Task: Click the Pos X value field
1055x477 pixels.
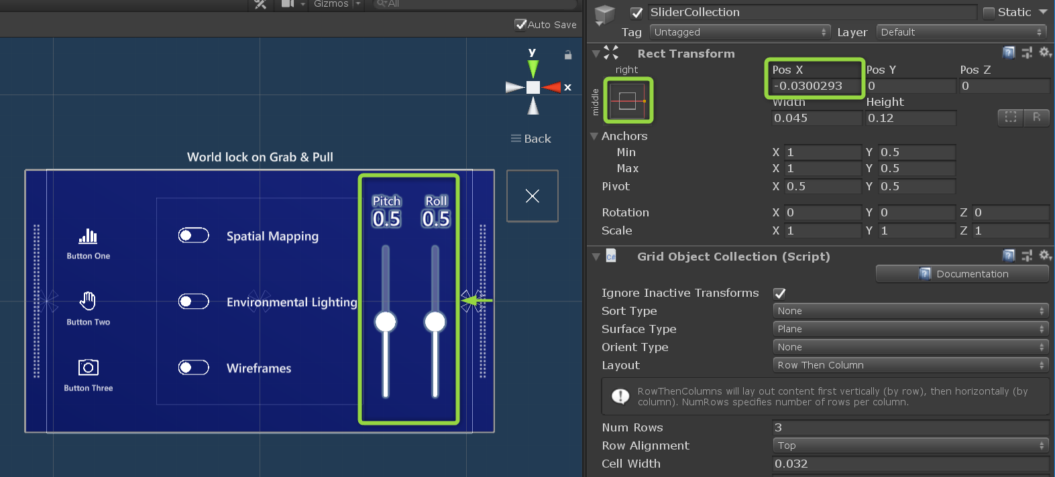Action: tap(815, 86)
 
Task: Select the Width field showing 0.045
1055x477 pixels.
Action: tap(816, 118)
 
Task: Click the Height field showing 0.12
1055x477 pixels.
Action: tap(910, 118)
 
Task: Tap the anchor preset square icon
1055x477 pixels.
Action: tap(628, 100)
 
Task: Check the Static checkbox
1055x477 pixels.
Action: tap(989, 12)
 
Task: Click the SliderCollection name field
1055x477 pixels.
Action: tap(812, 12)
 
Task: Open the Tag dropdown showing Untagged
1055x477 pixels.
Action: tap(740, 32)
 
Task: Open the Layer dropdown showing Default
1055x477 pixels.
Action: tap(961, 32)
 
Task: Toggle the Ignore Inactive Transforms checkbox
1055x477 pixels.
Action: tap(779, 293)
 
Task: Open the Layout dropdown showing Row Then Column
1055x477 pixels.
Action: tap(909, 365)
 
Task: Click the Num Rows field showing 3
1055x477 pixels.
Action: tap(909, 427)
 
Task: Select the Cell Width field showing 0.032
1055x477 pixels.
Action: tap(909, 464)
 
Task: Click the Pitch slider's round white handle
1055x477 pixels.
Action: tap(386, 322)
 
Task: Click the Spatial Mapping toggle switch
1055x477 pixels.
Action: tap(194, 235)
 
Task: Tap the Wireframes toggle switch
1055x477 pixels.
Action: tap(194, 367)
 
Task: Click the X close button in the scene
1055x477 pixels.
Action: tap(533, 196)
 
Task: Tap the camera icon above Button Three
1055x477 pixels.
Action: tap(89, 367)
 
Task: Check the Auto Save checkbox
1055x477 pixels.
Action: tap(520, 25)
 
